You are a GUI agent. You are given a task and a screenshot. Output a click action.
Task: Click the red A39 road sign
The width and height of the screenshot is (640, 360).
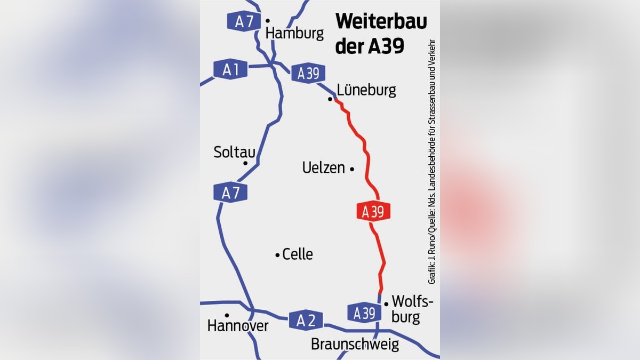coord(373,211)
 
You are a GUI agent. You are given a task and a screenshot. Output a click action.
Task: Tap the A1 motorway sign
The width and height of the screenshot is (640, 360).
coord(230,69)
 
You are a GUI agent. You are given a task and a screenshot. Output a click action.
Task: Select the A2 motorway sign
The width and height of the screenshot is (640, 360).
coord(306,320)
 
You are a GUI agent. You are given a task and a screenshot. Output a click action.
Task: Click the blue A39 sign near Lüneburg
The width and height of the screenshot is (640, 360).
coord(308,74)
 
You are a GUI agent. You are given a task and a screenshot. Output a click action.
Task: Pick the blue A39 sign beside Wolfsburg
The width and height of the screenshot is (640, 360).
coord(364,313)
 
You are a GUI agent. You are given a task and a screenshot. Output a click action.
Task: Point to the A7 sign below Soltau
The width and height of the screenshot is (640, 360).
coord(230,193)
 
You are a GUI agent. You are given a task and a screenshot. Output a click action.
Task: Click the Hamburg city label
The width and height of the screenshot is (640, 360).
coord(294,34)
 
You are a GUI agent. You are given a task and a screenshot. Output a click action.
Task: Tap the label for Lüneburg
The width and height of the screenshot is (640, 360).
coord(367,90)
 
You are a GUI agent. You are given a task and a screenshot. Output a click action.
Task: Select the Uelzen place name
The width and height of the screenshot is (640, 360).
coord(324,168)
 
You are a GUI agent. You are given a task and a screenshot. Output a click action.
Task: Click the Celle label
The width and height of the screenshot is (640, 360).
coord(298,254)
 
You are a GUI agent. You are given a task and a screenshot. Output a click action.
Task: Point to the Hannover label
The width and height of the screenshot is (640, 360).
coord(238,326)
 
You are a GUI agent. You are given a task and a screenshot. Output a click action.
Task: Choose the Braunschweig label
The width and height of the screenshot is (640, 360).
coord(355,345)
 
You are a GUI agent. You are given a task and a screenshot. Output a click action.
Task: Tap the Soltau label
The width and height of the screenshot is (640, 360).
coord(234,152)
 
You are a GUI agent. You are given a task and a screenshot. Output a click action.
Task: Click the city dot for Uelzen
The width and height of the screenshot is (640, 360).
coord(352,169)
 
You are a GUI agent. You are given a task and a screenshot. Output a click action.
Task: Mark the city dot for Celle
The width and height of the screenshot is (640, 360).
coord(277,255)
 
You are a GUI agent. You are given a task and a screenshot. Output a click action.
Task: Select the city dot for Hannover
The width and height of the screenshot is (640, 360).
coord(227,315)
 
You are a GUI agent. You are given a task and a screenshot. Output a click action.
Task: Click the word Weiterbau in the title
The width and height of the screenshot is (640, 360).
coord(381,23)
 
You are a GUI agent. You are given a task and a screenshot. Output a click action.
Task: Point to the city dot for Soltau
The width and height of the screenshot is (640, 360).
coord(245,163)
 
